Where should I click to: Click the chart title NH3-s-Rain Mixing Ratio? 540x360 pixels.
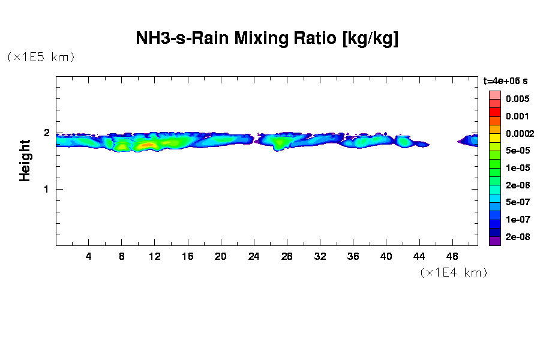pyautogui.click(x=267, y=40)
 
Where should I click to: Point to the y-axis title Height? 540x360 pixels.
pyautogui.click(x=25, y=160)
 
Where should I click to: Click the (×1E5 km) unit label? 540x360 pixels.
pyautogui.click(x=41, y=57)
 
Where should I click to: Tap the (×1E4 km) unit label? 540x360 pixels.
pyautogui.click(x=454, y=272)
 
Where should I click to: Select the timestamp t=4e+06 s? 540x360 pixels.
pyautogui.click(x=505, y=80)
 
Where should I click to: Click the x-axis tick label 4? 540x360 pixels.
pyautogui.click(x=89, y=256)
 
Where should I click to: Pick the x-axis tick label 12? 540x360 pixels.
pyautogui.click(x=155, y=256)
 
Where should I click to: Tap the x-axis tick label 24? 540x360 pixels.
pyautogui.click(x=254, y=256)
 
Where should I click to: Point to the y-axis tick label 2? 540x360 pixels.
pyautogui.click(x=46, y=133)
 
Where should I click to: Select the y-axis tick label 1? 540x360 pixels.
pyautogui.click(x=46, y=190)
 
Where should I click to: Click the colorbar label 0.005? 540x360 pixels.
pyautogui.click(x=517, y=99)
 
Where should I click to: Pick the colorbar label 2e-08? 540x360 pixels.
pyautogui.click(x=517, y=237)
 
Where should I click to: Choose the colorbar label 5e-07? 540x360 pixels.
pyautogui.click(x=517, y=202)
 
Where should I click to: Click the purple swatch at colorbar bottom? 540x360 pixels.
pyautogui.click(x=494, y=241)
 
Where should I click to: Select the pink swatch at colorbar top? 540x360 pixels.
pyautogui.click(x=494, y=95)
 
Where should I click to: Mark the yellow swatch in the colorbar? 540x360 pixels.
pyautogui.click(x=494, y=138)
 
